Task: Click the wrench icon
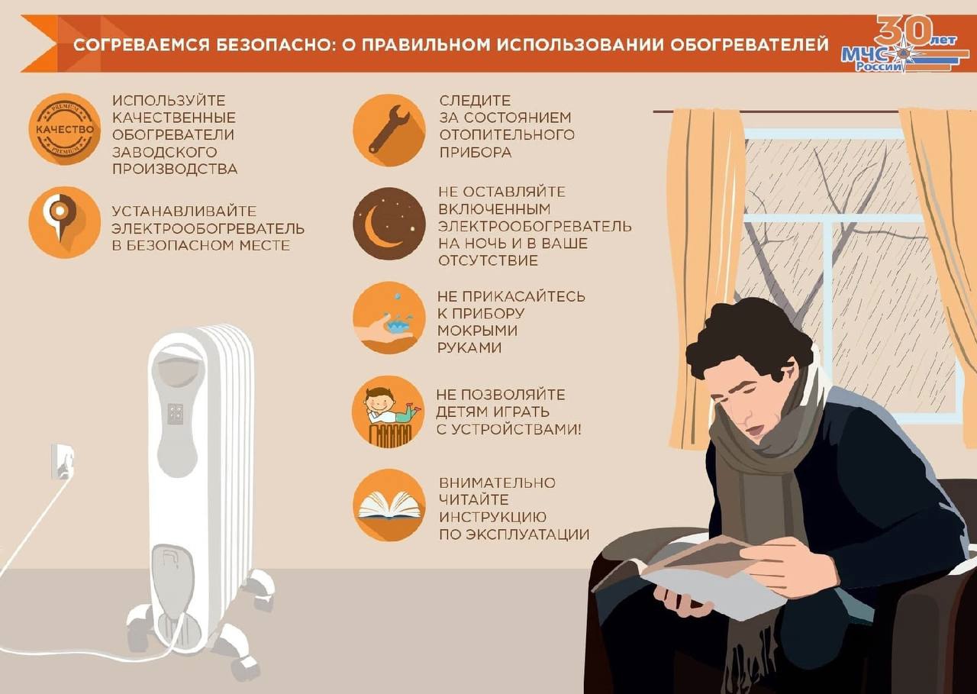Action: tap(389, 130)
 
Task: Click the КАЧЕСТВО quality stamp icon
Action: tap(65, 129)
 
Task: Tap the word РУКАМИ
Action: tap(469, 347)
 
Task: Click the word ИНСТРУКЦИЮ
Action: tap(492, 518)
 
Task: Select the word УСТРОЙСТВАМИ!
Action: tap(508, 430)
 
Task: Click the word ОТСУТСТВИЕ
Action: tap(488, 260)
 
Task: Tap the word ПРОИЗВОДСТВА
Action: tap(175, 169)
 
